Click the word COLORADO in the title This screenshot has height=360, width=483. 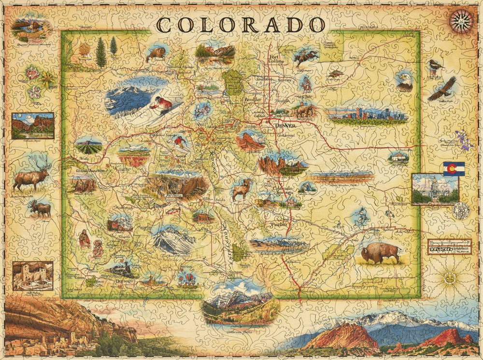point(241,23)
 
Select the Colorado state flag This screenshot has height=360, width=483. point(454,168)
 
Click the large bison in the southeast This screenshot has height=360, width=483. point(381,252)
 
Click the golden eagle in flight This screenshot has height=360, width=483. point(442,88)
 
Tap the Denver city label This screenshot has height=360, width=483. point(284,125)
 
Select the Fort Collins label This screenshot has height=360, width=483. point(277,63)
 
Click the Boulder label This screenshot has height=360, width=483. point(253,99)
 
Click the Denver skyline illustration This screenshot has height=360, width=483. point(367,114)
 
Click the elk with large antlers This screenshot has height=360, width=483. point(31,174)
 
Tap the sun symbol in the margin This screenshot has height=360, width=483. point(450,277)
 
